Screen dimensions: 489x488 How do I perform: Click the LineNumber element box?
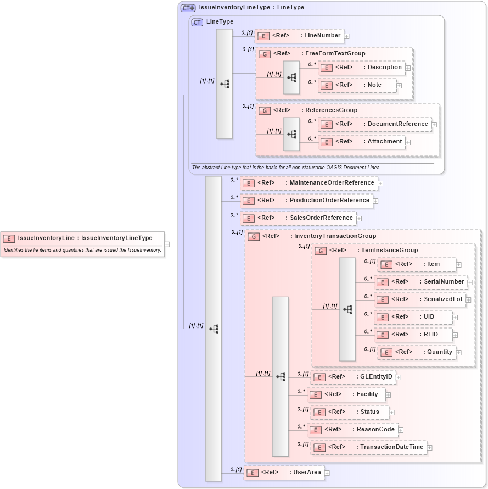299,36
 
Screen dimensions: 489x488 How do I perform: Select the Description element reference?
362,68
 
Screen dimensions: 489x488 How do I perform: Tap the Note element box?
357,85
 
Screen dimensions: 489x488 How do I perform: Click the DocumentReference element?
374,124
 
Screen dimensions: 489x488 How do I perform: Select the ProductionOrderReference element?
307,201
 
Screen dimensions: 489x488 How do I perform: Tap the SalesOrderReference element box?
299,218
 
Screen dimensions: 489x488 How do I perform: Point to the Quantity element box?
417,352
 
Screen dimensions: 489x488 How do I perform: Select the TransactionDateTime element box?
368,447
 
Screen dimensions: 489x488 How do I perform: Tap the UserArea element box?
284,473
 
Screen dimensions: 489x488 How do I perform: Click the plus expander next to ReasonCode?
401,430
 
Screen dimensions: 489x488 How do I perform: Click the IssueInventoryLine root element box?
83,238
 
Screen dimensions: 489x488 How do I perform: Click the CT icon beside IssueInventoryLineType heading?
188,8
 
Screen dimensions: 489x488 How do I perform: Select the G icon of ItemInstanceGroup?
321,251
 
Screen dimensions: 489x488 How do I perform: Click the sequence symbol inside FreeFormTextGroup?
291,77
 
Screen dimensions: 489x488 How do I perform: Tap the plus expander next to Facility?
389,395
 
